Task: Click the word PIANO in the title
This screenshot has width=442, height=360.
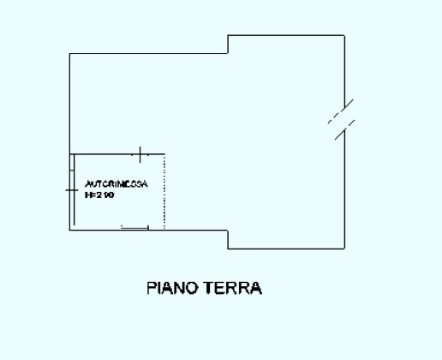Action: click(172, 288)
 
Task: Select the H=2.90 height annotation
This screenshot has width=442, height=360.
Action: click(100, 195)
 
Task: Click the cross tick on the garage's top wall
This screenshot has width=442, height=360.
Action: click(140, 154)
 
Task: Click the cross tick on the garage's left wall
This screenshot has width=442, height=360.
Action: click(70, 189)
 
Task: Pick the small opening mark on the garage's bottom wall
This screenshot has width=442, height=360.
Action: click(135, 227)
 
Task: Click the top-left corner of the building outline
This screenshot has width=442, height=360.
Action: click(70, 55)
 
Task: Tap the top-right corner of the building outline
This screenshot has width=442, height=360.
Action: click(345, 34)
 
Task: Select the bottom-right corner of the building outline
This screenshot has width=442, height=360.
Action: click(345, 249)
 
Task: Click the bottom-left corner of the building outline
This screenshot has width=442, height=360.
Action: click(70, 231)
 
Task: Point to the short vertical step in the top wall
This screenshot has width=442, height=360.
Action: click(228, 45)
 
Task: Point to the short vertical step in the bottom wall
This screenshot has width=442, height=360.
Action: click(228, 239)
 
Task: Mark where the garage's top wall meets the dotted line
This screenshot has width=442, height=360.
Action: click(164, 154)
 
